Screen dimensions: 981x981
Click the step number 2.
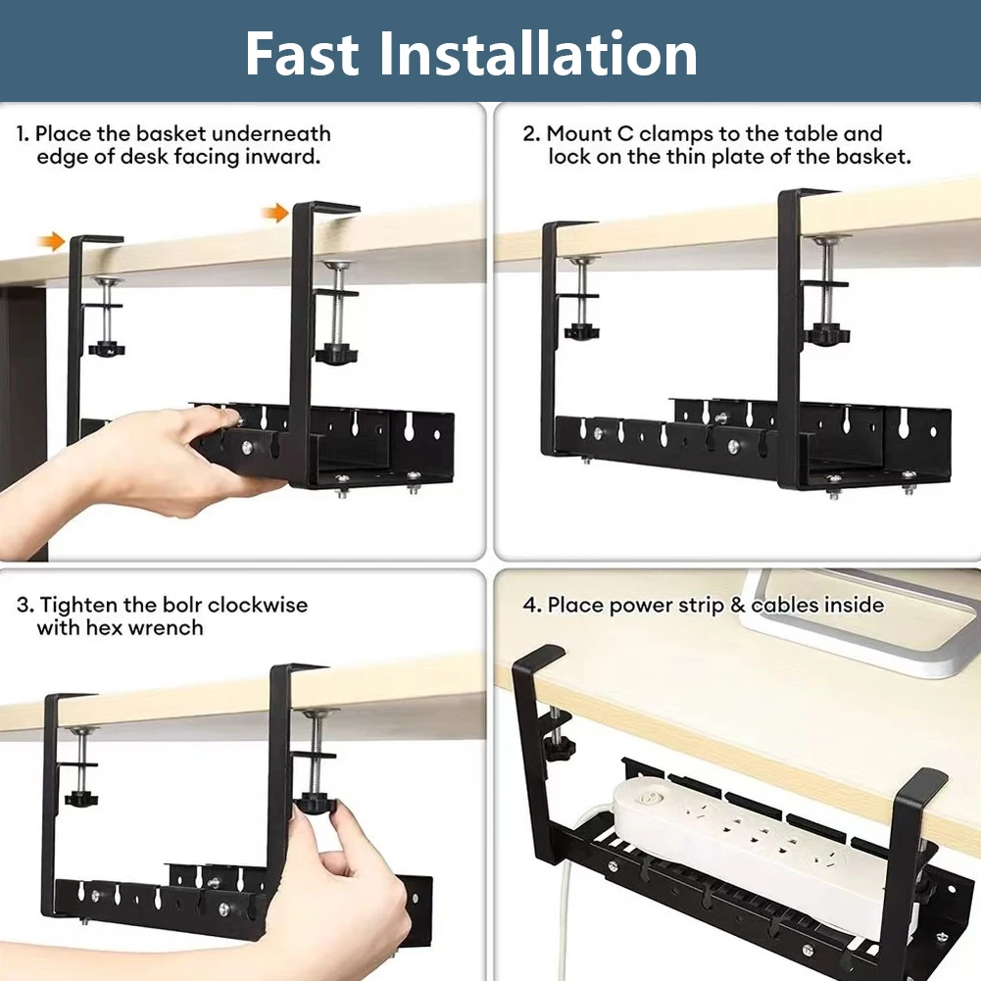coord(530,133)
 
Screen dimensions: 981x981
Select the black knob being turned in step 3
coord(316,804)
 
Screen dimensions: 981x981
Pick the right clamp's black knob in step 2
coord(828,334)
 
